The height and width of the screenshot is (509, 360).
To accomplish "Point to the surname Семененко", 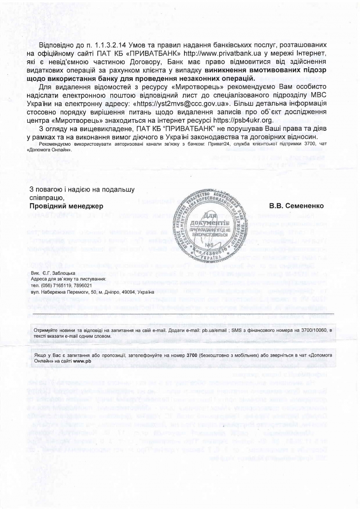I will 302,205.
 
